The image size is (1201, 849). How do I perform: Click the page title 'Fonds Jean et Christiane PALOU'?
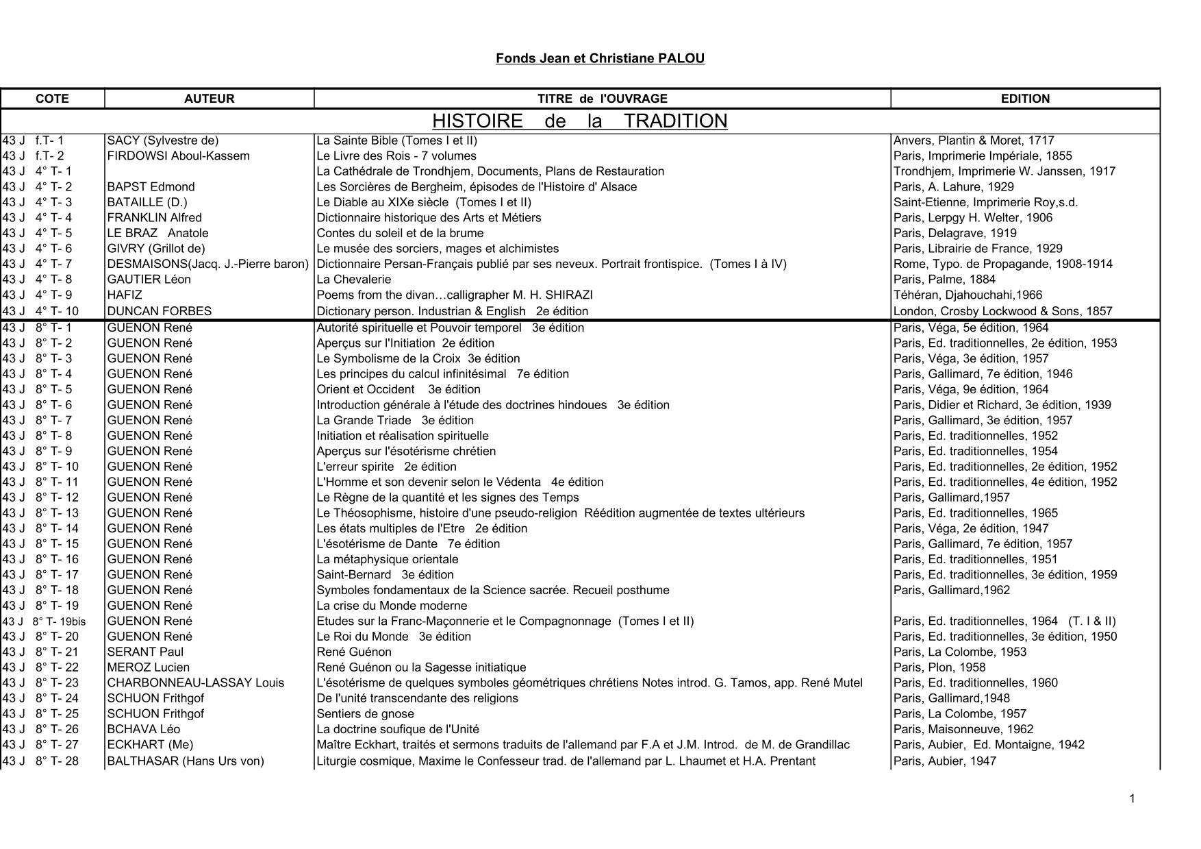(600, 58)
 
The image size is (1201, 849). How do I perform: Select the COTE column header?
(53, 99)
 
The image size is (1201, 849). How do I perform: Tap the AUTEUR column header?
(209, 99)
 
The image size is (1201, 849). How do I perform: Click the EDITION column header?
(1025, 99)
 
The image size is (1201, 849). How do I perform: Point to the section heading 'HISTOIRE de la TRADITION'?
(579, 121)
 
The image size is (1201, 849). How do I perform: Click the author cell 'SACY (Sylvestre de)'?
(163, 140)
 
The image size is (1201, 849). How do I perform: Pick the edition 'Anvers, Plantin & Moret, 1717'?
(974, 140)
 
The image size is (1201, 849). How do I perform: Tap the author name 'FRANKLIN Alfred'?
(155, 218)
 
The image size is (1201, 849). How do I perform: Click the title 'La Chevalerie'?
(354, 280)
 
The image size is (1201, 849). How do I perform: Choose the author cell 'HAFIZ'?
(125, 295)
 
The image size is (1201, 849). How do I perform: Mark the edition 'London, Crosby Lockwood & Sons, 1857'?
(1002, 311)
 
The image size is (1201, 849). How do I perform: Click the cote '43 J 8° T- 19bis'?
(45, 622)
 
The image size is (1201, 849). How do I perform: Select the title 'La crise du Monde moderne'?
(392, 606)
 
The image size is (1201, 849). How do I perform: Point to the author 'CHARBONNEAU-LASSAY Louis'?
(196, 683)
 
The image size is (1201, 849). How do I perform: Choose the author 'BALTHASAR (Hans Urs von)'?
(186, 761)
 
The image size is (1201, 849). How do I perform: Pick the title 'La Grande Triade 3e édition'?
(395, 421)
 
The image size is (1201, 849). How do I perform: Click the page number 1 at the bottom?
(1132, 798)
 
